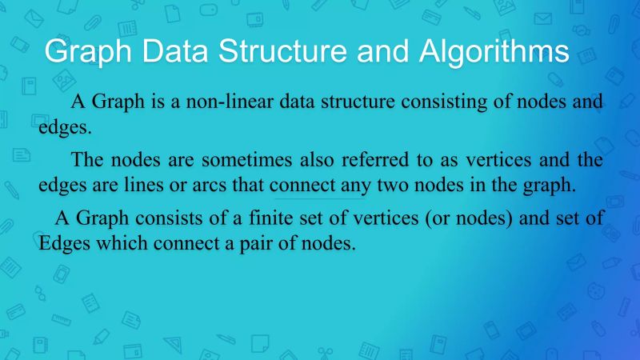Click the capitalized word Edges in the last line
tap(64, 243)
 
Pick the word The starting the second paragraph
tap(87, 160)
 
